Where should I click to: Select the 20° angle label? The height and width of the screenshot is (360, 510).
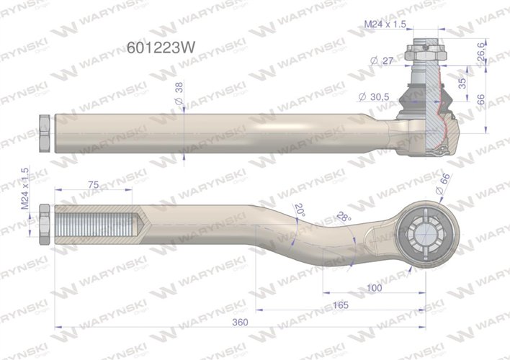tap(300, 210)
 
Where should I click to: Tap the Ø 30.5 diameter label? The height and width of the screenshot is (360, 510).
tap(374, 96)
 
